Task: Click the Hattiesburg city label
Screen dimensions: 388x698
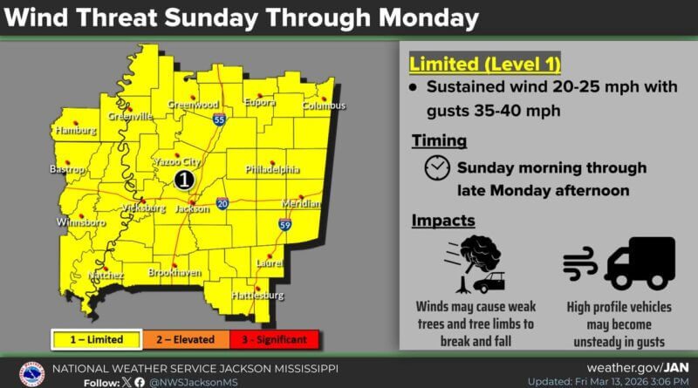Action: coord(257,296)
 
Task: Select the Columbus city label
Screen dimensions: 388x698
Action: coord(324,106)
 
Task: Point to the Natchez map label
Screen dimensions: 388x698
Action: coord(105,276)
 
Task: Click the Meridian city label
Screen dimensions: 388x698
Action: coord(301,203)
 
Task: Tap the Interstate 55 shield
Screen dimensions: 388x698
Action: coord(219,119)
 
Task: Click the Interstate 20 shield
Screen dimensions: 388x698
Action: coord(223,202)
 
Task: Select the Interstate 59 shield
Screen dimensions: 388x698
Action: coord(285,225)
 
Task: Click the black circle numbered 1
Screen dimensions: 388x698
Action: coord(183,180)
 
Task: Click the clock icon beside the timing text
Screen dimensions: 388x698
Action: coord(437,168)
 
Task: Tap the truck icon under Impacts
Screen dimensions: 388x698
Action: coord(640,262)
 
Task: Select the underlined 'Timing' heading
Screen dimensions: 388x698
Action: coord(439,140)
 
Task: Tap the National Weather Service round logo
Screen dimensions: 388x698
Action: coord(31,373)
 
